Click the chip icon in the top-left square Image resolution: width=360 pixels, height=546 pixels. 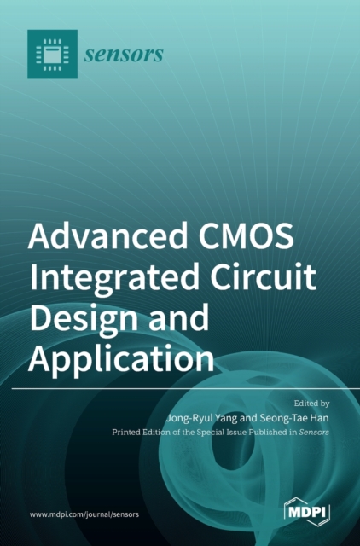click(52, 55)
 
